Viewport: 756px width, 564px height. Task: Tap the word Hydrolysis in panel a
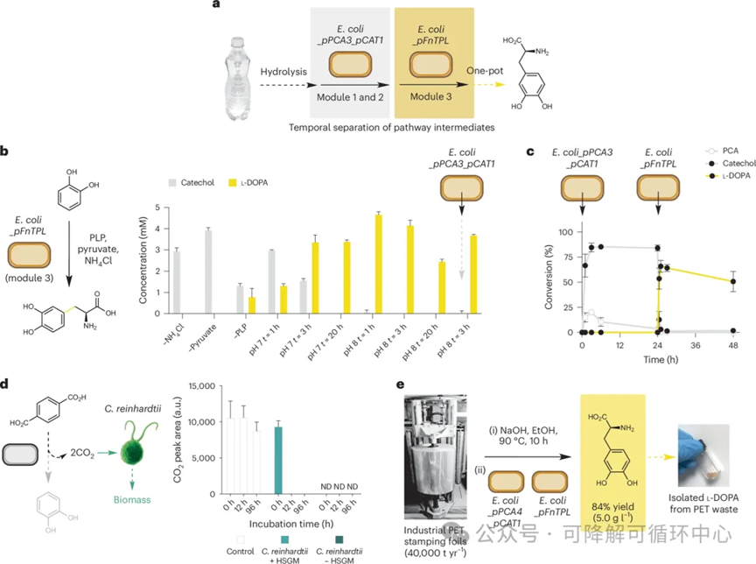point(283,72)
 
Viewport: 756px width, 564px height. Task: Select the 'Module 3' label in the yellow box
point(431,96)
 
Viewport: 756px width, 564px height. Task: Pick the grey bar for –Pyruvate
point(208,271)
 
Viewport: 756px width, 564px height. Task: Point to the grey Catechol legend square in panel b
point(172,183)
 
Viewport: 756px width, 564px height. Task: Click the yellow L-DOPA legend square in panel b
point(233,183)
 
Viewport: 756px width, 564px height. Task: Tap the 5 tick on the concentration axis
point(157,208)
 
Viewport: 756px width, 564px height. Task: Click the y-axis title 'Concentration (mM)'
point(143,259)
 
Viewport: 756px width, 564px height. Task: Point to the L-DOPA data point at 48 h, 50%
point(733,281)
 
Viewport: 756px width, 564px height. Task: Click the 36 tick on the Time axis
point(696,345)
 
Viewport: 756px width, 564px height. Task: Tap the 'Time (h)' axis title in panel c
point(661,359)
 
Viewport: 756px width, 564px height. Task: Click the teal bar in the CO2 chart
point(277,461)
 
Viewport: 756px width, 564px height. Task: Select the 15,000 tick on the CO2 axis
point(201,386)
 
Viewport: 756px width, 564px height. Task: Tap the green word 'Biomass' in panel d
point(132,500)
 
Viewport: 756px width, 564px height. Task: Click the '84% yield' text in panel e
point(612,506)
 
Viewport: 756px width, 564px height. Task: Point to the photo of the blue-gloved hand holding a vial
point(703,455)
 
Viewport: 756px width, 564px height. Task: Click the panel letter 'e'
point(400,384)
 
